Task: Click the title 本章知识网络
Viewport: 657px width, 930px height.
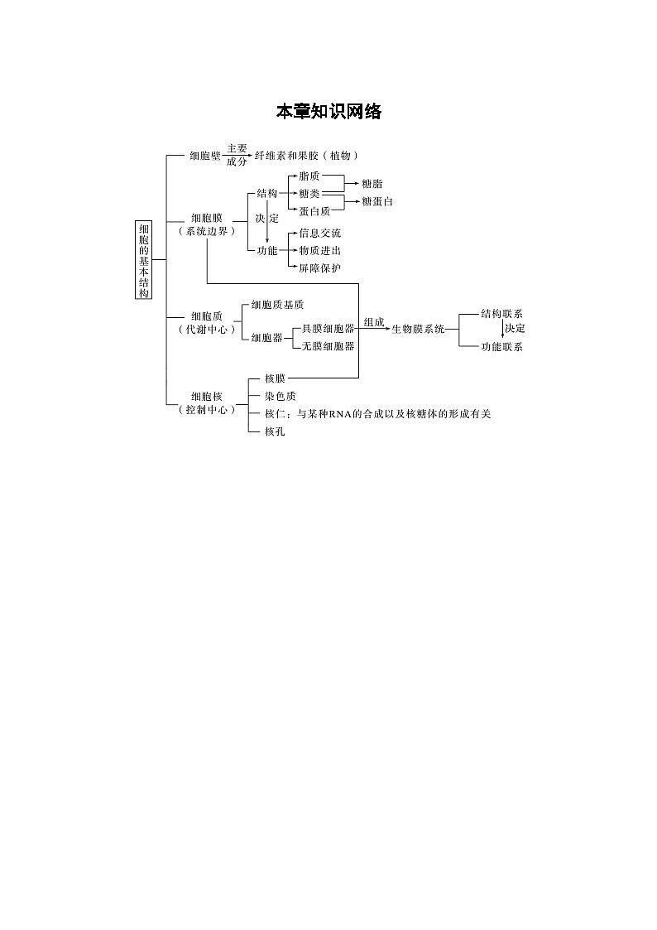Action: point(328,112)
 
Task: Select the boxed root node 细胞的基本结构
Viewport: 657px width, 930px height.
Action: point(143,260)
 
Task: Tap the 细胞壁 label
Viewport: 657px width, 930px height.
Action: point(205,156)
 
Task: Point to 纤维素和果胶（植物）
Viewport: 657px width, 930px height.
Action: point(306,156)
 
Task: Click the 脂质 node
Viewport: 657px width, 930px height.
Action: point(309,176)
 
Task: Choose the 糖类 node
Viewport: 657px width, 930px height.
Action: point(309,193)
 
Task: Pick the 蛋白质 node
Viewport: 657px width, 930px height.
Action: point(314,211)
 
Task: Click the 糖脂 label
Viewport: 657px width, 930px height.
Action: point(372,185)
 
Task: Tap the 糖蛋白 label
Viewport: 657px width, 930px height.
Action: point(377,202)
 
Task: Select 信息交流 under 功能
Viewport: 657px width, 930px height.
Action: point(320,233)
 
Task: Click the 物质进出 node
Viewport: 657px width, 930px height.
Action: point(320,251)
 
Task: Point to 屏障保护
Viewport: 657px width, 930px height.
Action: point(320,268)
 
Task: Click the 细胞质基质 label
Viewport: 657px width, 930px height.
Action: point(277,305)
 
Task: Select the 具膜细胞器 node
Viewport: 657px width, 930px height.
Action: point(328,329)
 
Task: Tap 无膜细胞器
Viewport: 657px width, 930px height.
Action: point(328,346)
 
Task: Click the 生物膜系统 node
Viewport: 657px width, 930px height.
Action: point(418,329)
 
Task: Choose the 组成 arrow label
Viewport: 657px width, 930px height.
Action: point(374,323)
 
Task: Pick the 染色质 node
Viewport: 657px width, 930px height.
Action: point(281,396)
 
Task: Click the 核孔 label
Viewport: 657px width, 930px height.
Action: point(275,431)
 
